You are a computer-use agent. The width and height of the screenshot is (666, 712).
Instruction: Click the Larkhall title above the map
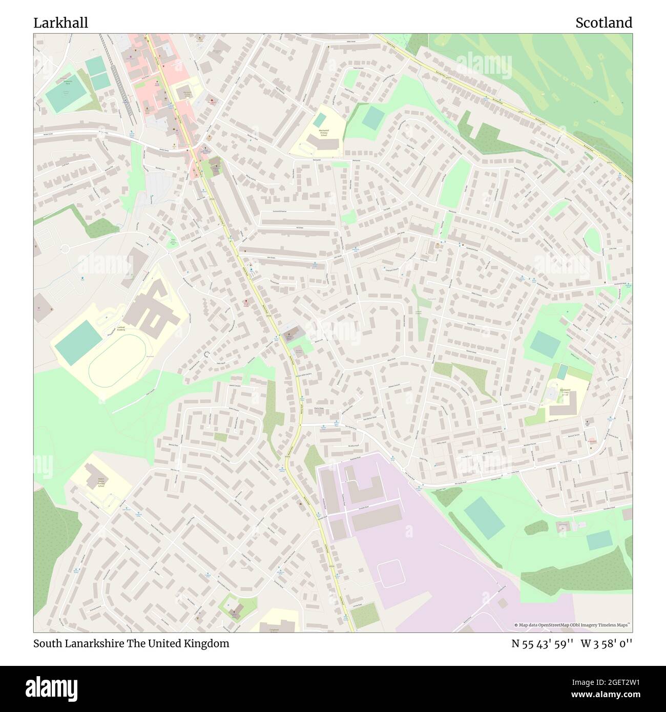60,23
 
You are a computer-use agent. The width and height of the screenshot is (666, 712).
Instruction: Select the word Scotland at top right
603,23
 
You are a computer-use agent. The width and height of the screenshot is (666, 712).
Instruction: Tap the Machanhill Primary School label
323,133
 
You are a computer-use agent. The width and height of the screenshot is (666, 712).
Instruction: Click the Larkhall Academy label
120,329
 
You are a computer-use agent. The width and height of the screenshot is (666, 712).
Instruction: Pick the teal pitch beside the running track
78,342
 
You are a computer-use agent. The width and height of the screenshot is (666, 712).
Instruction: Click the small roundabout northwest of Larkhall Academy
65,249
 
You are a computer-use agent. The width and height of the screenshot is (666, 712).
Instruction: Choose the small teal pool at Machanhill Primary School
319,120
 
